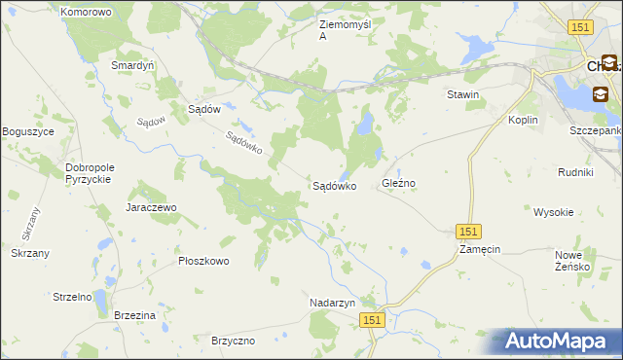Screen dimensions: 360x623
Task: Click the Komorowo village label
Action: pos(86,12)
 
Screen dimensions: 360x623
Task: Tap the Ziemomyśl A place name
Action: pos(346,30)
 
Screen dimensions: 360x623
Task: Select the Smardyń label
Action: pos(132,65)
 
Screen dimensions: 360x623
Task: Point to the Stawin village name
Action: pos(462,94)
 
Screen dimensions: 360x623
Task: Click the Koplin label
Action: pos(524,120)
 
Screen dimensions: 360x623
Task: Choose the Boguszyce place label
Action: pos(28,131)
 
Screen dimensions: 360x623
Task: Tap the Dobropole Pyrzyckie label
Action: pos(91,173)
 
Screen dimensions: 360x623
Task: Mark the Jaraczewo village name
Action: pos(150,207)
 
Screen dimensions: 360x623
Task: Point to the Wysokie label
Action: pos(553,211)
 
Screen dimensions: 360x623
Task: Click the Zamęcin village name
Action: pos(480,249)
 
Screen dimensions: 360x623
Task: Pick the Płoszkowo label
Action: pos(203,261)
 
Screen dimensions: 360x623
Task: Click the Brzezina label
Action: pos(134,316)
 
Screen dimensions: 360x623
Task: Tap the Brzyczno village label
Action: pos(233,341)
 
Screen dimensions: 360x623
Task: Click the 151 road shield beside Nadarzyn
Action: pos(372,319)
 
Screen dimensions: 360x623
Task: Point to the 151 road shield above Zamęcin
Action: pos(468,231)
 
